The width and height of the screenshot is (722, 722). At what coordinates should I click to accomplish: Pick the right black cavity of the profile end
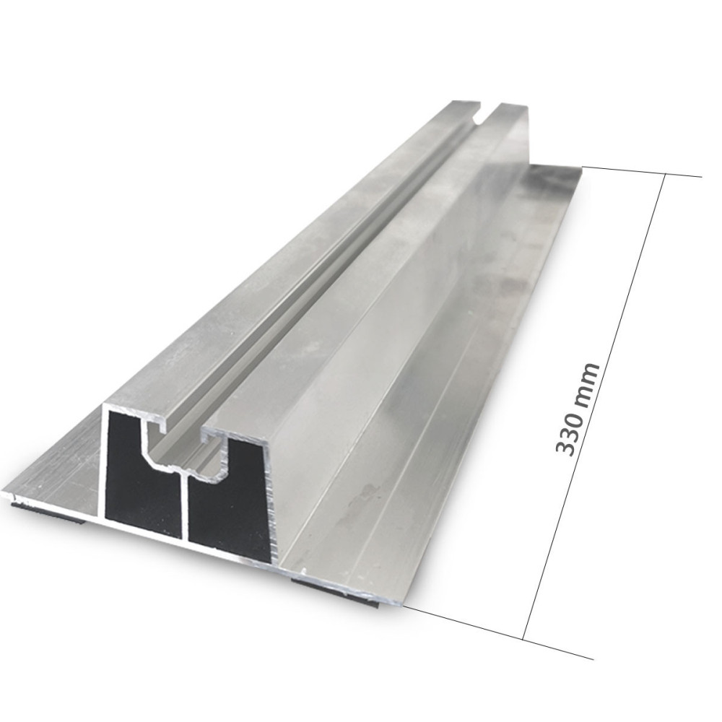pos(230,505)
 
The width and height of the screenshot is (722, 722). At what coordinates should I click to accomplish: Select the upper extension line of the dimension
pos(635,171)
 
